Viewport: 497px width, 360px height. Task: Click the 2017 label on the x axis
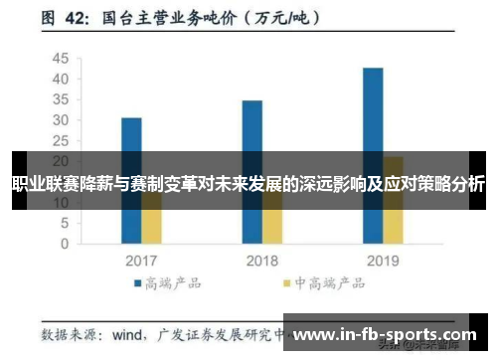point(141,261)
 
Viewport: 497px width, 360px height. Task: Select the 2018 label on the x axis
point(261,261)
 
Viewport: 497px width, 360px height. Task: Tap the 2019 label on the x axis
point(383,261)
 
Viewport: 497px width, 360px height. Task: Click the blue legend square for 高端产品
point(138,283)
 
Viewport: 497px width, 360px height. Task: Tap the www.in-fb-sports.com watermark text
point(387,335)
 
